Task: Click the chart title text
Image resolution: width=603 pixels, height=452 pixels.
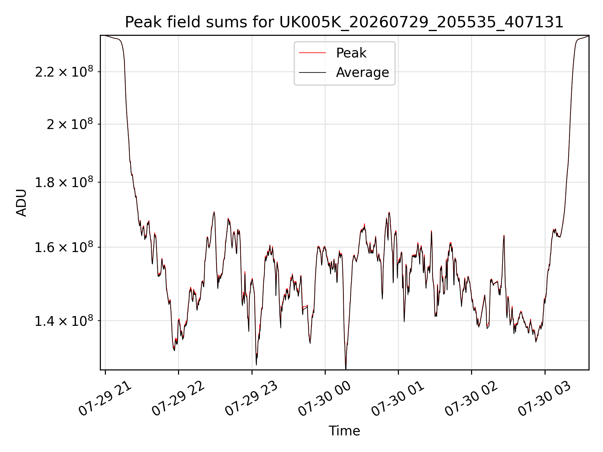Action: (x=344, y=22)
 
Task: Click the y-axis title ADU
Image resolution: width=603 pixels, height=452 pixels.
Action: (x=21, y=203)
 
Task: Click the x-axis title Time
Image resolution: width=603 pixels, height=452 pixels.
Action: (x=344, y=431)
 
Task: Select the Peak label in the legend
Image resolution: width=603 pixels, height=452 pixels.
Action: (x=351, y=53)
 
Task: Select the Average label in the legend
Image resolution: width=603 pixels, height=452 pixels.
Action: (x=362, y=73)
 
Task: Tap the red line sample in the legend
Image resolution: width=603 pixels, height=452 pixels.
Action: (x=312, y=53)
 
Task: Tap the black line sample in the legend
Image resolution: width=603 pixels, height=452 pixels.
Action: (x=312, y=73)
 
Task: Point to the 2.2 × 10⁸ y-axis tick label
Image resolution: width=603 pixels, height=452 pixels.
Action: (x=64, y=72)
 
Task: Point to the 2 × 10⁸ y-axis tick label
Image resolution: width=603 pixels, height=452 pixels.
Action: (x=70, y=124)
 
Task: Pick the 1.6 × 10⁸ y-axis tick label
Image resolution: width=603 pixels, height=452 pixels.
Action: (x=64, y=247)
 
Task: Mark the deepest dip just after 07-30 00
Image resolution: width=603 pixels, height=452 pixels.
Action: (x=346, y=369)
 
